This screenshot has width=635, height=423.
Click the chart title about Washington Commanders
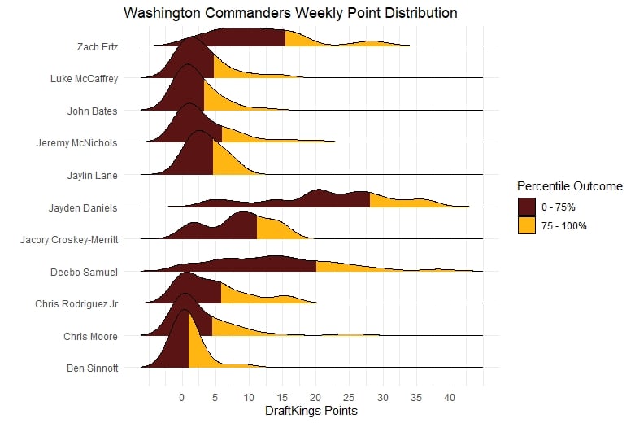coord(290,14)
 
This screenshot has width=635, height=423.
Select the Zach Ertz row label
coord(98,46)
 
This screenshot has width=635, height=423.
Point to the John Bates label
coord(93,111)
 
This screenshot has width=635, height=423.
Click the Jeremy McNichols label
coord(77,143)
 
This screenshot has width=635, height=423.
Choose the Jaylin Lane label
coord(93,175)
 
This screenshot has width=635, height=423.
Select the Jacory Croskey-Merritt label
coord(68,240)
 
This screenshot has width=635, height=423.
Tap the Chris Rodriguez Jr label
coord(77,304)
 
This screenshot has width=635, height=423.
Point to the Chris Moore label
coord(91,336)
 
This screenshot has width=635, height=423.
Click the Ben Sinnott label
coord(92,368)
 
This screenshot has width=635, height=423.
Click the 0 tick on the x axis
coord(180,399)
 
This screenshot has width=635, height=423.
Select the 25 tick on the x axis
coord(348,399)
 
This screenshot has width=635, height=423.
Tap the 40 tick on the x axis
coord(448,399)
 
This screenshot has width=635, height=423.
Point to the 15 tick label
coord(281,399)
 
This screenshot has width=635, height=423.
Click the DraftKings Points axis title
coord(311,412)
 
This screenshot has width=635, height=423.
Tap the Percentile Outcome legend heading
coord(571,186)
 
